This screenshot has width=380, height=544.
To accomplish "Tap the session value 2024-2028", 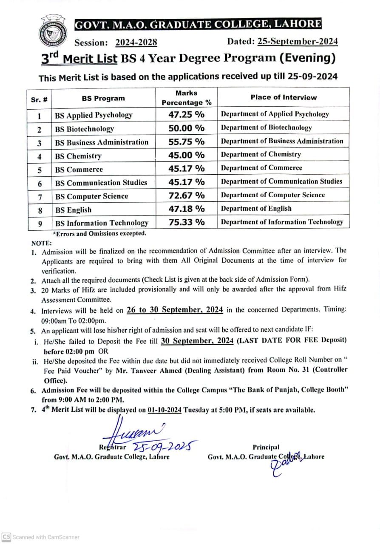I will tap(136, 42).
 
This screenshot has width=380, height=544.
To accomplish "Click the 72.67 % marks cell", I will tap(186, 195).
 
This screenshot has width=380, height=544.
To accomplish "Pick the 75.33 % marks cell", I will tap(186, 222).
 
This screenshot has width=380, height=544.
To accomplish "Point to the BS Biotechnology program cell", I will tap(85, 129).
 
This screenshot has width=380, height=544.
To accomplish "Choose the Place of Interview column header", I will tap(283, 97).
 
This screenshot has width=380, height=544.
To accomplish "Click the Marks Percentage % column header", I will tap(186, 98).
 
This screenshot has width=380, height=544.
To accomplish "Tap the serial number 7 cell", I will tap(39, 196).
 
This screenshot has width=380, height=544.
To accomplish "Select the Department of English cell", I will tap(256, 208).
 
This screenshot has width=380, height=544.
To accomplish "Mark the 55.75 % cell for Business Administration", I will tap(186, 142).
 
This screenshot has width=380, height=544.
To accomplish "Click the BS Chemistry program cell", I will tap(78, 156).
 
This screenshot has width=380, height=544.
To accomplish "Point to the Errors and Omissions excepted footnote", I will tap(99, 233).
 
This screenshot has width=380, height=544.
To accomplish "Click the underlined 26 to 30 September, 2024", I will tap(175, 310).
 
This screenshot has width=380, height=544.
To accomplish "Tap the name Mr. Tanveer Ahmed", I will tap(142, 370).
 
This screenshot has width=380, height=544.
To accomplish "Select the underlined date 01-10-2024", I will tap(165, 410).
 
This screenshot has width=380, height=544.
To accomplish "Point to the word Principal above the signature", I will tap(266, 447).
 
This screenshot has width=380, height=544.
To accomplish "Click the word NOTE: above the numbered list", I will tap(41, 243).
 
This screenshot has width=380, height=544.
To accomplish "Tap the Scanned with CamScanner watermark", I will tap(41, 537).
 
